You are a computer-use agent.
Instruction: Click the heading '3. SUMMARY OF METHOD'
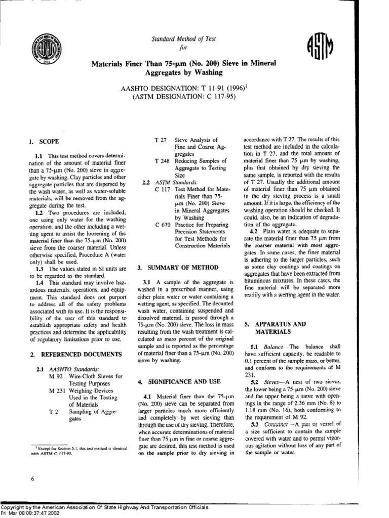(178, 267)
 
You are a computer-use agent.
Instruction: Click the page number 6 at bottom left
(32, 478)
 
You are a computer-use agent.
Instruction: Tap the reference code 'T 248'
(161, 160)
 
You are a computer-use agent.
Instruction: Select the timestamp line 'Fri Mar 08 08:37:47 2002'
(35, 513)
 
